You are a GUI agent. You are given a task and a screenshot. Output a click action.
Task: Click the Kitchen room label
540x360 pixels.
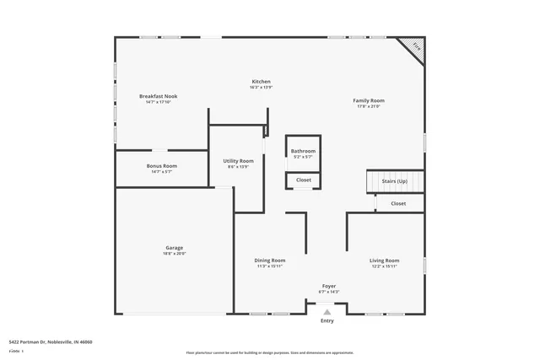coord(260,82)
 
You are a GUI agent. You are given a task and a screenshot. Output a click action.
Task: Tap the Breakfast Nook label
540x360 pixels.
coord(159,97)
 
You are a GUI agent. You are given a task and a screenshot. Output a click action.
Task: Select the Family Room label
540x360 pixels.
coord(369,100)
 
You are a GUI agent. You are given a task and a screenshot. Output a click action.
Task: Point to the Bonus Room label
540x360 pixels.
coord(161,166)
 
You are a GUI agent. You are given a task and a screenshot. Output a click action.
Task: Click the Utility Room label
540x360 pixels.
coord(238,160)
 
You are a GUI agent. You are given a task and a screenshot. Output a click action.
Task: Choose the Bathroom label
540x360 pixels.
coord(303,151)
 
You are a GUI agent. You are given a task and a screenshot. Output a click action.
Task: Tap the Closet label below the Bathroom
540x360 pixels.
coord(303,180)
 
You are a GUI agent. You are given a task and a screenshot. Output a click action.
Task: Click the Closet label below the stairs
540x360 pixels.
coord(398,203)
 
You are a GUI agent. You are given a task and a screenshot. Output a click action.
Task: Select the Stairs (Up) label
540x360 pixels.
coord(394,181)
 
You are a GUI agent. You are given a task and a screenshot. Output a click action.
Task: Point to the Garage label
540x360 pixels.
coord(174,248)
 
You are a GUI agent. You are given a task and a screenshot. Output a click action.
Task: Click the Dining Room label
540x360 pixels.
coord(270,261)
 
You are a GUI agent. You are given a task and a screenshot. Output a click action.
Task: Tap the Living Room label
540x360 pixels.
coord(384,261)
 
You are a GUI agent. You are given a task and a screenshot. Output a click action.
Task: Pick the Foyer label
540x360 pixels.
coord(328,286)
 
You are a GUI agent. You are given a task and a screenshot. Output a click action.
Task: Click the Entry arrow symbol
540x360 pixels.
coord(327,313)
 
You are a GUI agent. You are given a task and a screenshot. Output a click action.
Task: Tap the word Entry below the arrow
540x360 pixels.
coord(327,321)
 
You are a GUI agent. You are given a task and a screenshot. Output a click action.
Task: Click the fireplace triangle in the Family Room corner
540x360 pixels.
coord(413,47)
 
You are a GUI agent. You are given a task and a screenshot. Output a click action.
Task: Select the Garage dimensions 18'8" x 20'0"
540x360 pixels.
coord(174,254)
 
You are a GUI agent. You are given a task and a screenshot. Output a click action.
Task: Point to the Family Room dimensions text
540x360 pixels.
coord(369,106)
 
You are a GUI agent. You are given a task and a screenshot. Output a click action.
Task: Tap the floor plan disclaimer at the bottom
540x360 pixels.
coord(270,352)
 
